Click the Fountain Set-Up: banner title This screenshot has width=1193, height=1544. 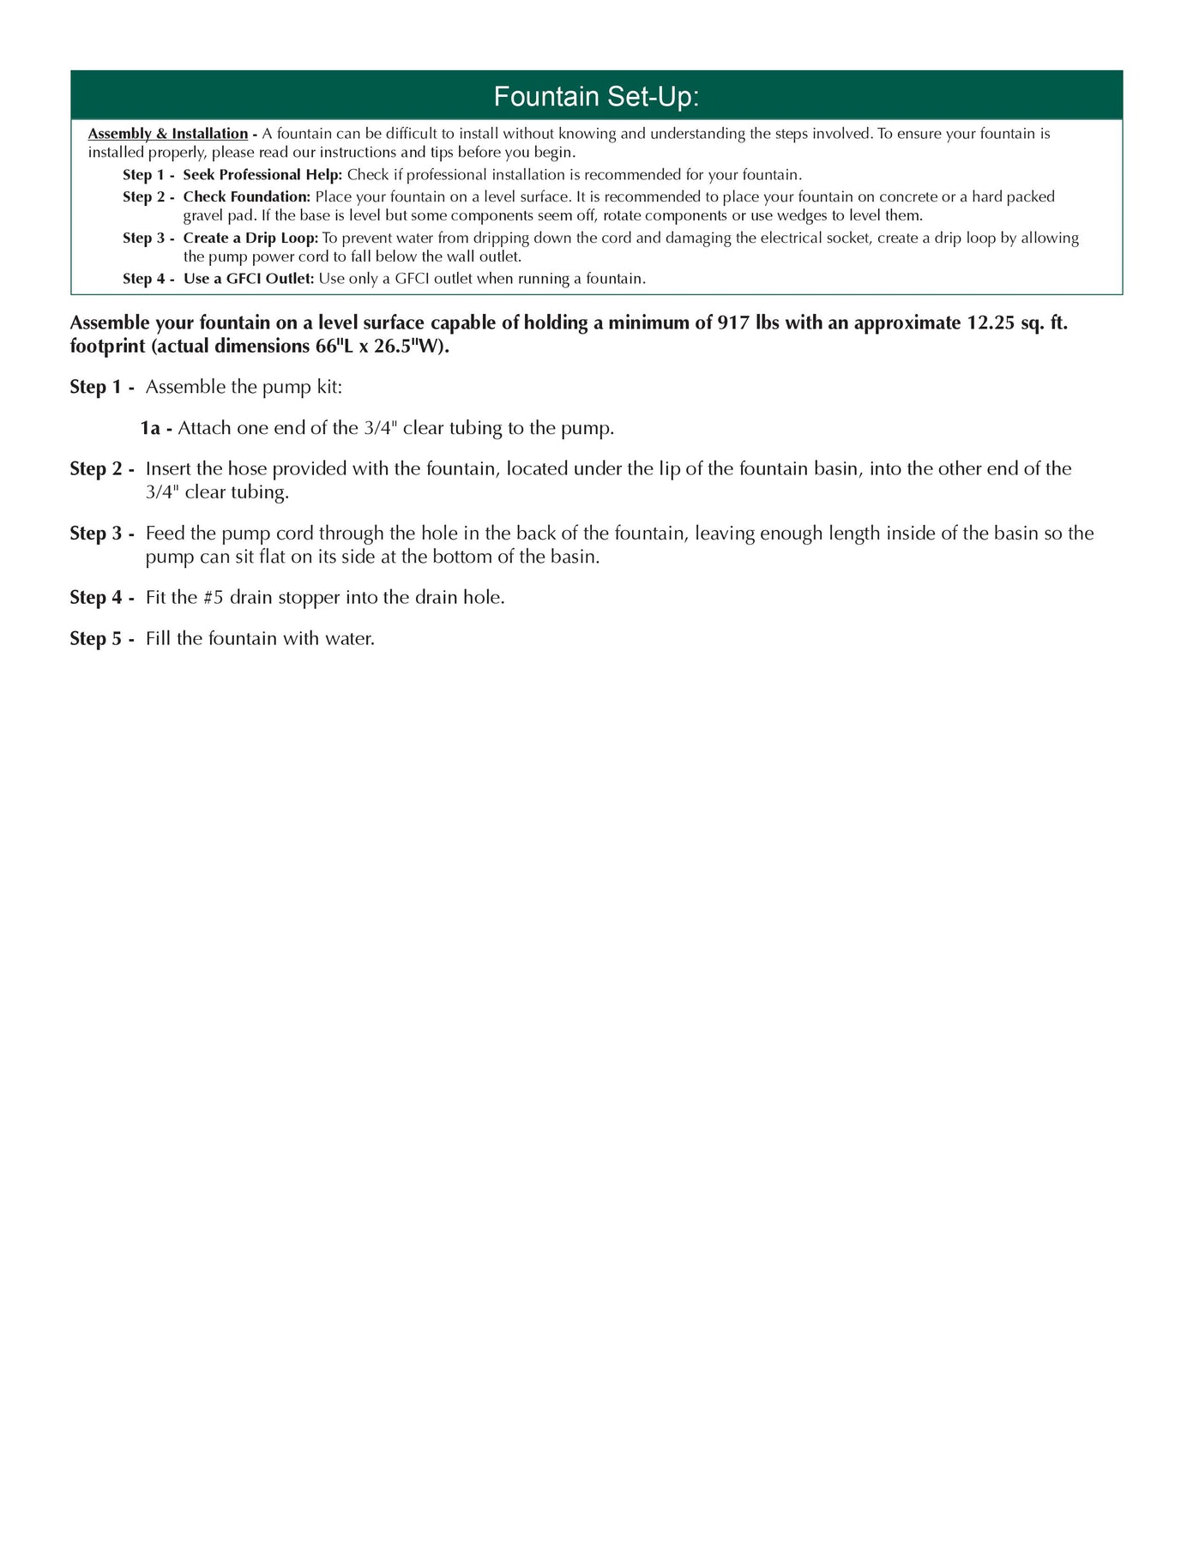pos(596,97)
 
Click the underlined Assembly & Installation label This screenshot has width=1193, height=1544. pos(168,134)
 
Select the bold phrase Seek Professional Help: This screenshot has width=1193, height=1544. pos(262,175)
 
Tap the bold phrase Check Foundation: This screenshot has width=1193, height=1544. pos(246,196)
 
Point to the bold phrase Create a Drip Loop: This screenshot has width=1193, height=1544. pos(250,238)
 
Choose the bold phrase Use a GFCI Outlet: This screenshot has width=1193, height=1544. pos(249,279)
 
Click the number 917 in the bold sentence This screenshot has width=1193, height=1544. pos(733,323)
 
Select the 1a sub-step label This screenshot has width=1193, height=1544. pos(151,428)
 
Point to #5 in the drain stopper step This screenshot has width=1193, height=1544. pos(214,598)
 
